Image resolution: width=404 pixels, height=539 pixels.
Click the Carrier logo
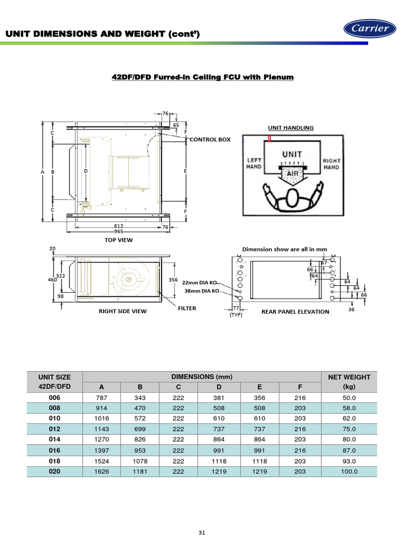[x=369, y=29]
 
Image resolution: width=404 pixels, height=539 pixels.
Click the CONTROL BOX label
[x=210, y=139]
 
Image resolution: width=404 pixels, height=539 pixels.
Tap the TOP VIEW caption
[x=118, y=240]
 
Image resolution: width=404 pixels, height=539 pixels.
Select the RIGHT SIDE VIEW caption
[x=123, y=311]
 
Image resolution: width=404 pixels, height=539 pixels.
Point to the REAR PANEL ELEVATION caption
[x=295, y=312]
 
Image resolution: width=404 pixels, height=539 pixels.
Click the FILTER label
[x=187, y=308]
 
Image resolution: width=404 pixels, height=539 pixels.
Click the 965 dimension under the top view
[x=119, y=231]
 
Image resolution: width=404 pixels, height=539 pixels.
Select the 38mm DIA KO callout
[x=200, y=291]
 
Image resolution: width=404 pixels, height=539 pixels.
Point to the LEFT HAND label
[x=254, y=164]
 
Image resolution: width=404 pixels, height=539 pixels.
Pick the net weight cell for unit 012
[x=349, y=429]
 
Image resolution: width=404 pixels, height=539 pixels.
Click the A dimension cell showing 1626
[x=102, y=472]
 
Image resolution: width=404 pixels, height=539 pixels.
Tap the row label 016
[x=55, y=451]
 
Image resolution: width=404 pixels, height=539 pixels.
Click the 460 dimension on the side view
[x=52, y=280]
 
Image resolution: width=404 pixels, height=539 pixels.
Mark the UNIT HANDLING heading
[x=291, y=127]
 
